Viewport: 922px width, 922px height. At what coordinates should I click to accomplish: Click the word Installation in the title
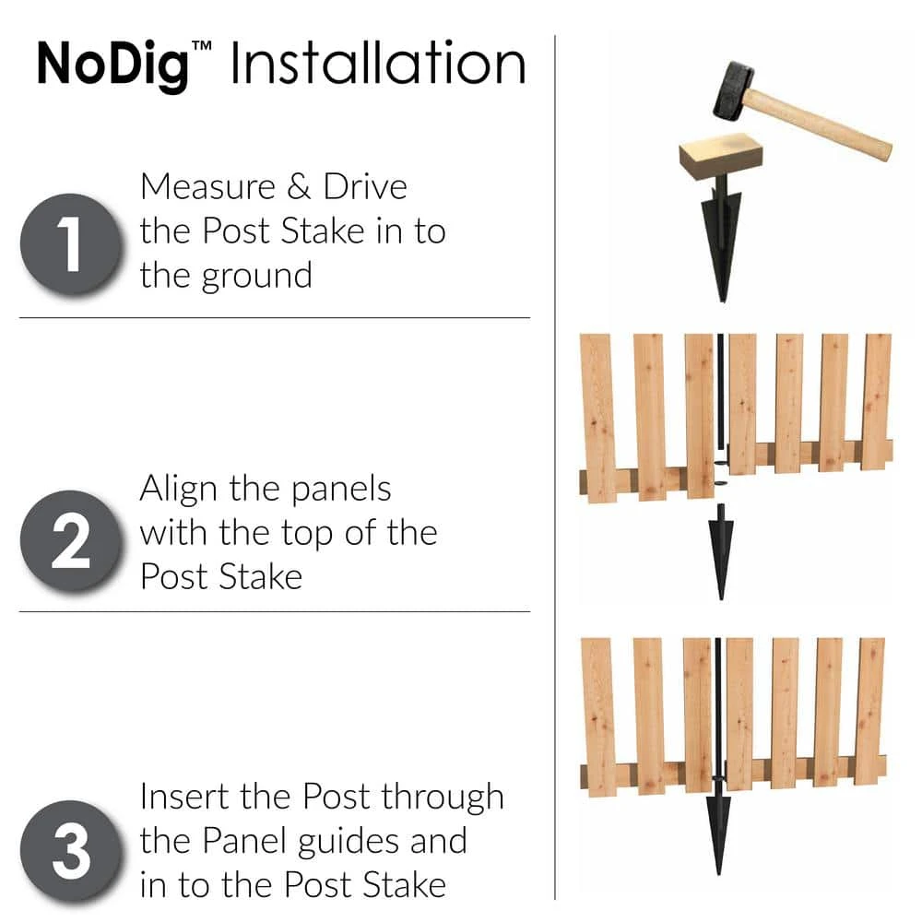point(377,65)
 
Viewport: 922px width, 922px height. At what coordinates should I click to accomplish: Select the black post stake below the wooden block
point(721,244)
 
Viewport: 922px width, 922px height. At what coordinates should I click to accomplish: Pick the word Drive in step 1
point(365,187)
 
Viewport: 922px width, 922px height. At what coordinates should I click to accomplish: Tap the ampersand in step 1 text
point(296,187)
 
